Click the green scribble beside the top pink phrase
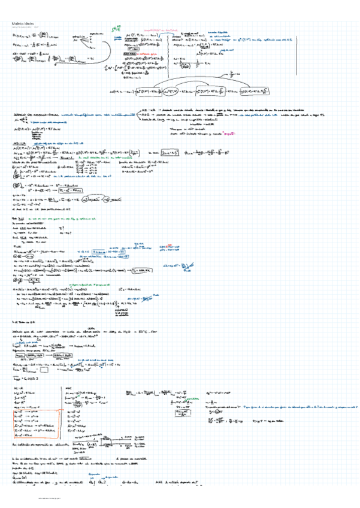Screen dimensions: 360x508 pos(117,28)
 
